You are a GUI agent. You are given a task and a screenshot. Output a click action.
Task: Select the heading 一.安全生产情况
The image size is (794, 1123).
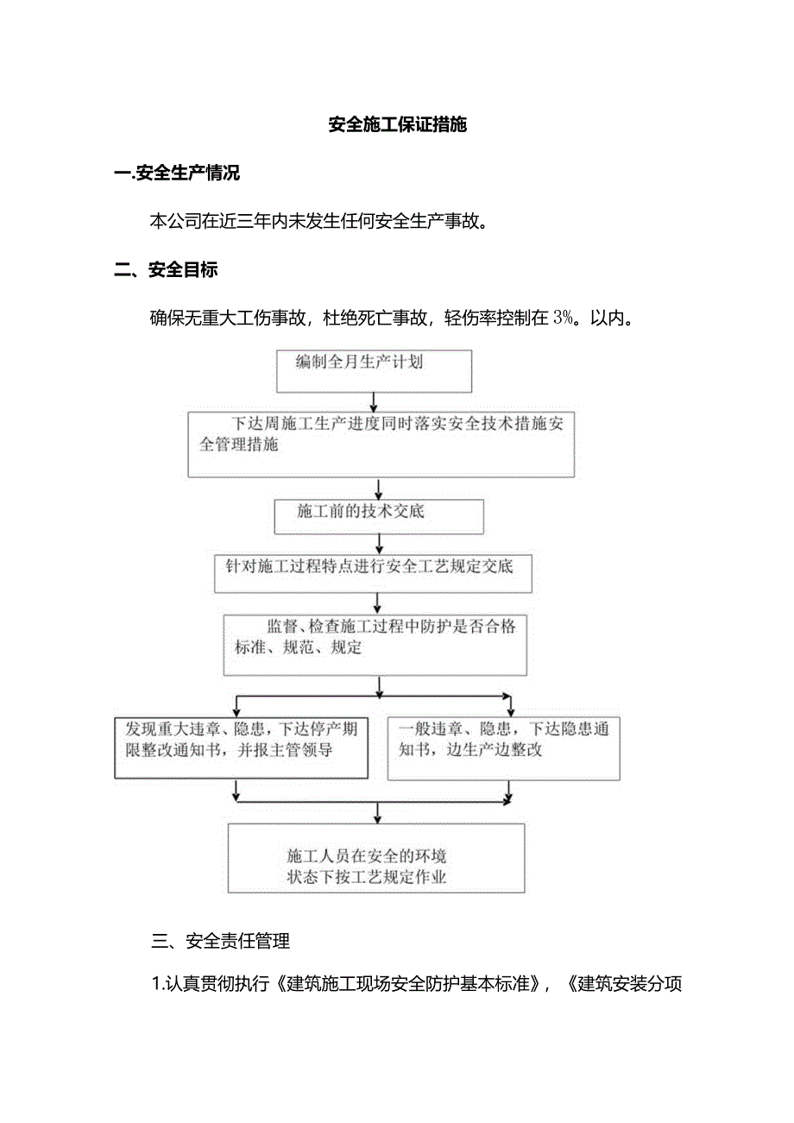177,173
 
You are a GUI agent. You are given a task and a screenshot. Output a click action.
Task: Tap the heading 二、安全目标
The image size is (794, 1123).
167,270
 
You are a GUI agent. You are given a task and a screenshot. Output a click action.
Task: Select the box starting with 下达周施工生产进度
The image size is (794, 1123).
381,444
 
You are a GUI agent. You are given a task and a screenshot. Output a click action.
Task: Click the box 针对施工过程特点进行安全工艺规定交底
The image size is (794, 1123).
373,573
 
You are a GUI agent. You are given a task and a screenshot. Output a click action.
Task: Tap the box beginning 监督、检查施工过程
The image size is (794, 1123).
375,645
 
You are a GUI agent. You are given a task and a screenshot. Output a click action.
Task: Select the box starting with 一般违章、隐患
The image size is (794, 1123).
503,748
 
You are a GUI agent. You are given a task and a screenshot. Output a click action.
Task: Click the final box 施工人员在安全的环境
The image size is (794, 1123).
376,857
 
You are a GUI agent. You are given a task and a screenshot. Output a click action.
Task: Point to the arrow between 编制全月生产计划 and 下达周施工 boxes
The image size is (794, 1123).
373,401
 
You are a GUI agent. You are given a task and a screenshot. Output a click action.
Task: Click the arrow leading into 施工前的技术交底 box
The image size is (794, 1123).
377,489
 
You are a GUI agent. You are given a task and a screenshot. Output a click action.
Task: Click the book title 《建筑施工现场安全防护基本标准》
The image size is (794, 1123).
406,984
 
